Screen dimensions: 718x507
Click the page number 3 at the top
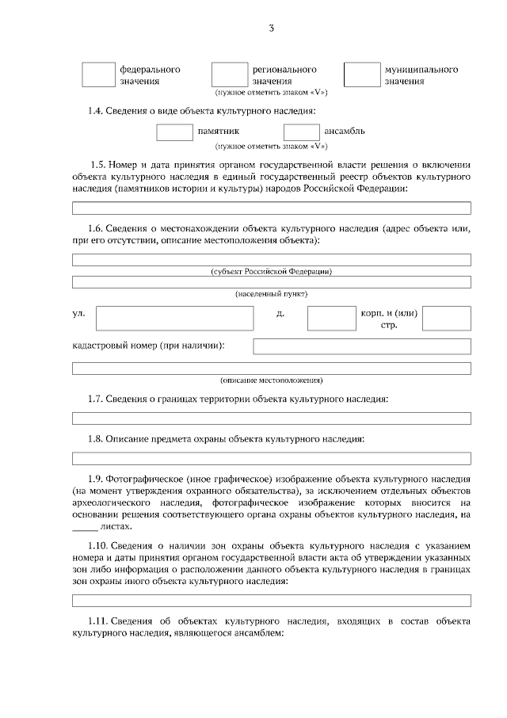[x=271, y=29]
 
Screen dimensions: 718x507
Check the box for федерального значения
[x=98, y=74]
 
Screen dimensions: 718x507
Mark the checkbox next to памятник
[x=174, y=132]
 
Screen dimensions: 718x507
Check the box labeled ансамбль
[x=301, y=132]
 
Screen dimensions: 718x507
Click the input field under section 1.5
[x=272, y=208]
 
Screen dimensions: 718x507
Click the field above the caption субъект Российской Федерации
[x=272, y=259]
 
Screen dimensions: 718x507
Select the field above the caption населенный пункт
[x=272, y=281]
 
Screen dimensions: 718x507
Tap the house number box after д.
[x=331, y=318]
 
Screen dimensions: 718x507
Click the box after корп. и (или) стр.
[x=446, y=318]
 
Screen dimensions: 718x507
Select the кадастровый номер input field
[x=361, y=346]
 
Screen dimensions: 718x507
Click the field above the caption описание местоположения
[x=272, y=368]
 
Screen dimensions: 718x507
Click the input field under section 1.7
[x=272, y=418]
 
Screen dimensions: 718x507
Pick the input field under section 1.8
[x=272, y=458]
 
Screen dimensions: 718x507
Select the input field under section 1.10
[x=272, y=600]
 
